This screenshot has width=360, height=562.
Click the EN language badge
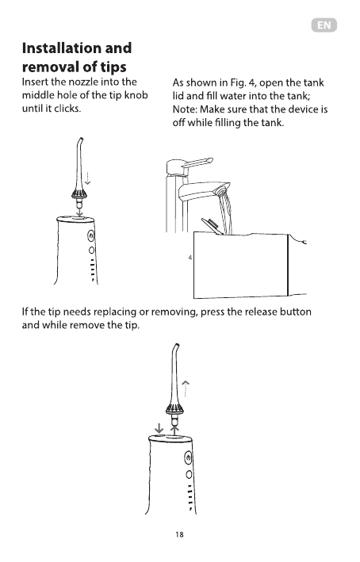324,25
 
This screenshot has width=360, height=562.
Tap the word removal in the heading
48,67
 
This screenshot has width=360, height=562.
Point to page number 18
179,534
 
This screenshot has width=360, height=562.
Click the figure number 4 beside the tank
190,258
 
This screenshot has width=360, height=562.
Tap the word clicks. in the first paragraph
67,109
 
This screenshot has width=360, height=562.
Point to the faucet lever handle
198,163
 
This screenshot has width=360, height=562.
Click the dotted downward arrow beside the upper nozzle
87,178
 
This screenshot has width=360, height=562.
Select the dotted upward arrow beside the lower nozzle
185,389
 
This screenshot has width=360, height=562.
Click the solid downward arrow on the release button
159,428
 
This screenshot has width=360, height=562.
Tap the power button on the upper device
91,236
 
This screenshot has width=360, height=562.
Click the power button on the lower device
188,457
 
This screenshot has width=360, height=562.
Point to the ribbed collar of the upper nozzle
79,195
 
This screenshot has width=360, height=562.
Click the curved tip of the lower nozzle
176,347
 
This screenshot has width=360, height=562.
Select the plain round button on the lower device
189,475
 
